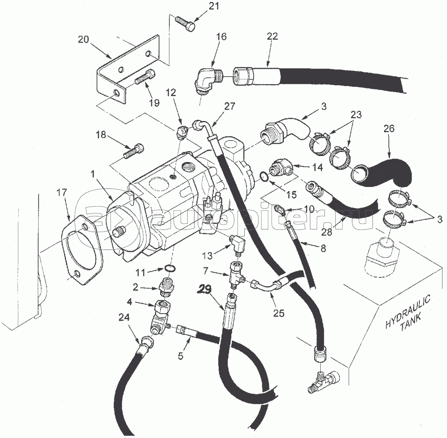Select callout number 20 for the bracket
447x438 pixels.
[84, 39]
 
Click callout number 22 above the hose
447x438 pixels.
[272, 36]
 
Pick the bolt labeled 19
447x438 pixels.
[143, 79]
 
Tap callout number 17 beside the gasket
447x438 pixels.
[62, 193]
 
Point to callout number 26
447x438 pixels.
[389, 129]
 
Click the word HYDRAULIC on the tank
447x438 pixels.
[408, 311]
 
